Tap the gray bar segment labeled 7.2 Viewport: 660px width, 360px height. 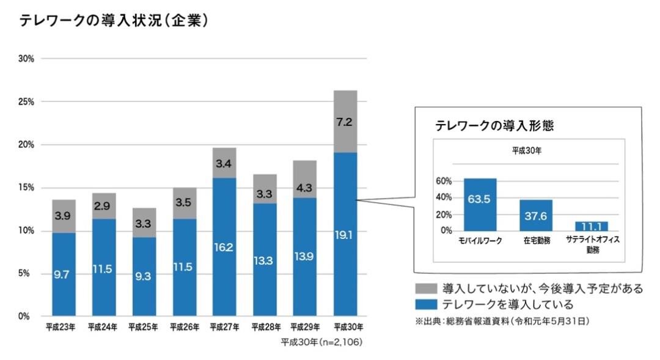pos(345,122)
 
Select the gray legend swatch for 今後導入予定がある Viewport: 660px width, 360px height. pos(425,288)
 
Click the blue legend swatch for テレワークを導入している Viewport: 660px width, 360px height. pos(425,304)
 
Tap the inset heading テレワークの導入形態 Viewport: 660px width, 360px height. pos(494,125)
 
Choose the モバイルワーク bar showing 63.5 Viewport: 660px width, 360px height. pos(480,204)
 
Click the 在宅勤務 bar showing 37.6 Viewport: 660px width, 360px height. pos(536,215)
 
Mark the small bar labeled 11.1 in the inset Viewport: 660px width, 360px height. pos(591,226)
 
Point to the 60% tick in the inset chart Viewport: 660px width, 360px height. pos(444,181)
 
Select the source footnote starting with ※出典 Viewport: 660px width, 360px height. pos(502,320)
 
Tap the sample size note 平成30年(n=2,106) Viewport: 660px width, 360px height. pos(321,342)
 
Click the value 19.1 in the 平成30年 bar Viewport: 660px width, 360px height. pos(345,234)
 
